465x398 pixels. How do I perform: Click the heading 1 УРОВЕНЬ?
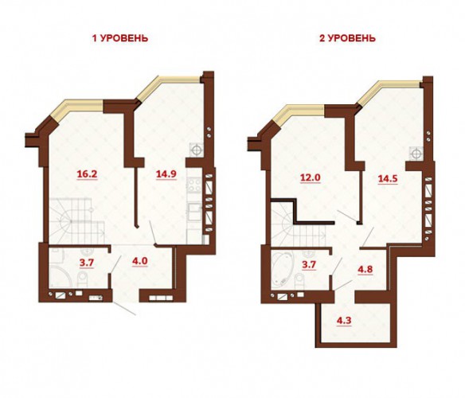(120, 38)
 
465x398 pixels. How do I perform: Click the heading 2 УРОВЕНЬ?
(347, 38)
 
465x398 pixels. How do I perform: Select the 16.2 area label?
(88, 174)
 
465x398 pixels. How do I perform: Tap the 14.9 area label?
(166, 174)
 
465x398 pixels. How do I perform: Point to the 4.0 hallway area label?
(140, 262)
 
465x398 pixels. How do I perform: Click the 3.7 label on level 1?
(87, 263)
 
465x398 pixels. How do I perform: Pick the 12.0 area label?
(311, 178)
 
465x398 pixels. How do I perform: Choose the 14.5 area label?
(388, 179)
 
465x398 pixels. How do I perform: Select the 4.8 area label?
(365, 270)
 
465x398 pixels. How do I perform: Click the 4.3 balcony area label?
(344, 321)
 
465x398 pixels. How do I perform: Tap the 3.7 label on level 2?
(309, 264)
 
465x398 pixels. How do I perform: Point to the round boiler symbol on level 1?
(197, 150)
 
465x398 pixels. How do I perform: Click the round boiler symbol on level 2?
(416, 153)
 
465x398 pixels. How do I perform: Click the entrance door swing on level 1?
(124, 308)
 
